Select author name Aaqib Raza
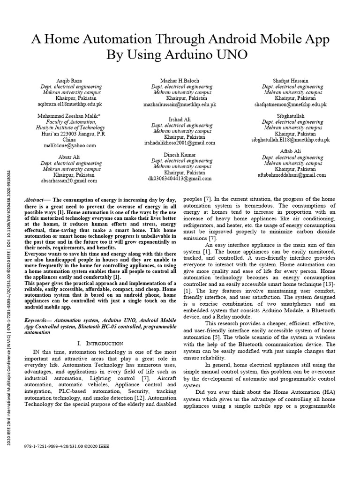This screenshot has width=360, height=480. pyautogui.click(x=69, y=81)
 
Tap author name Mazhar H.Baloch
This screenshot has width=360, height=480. pyautogui.click(x=181, y=81)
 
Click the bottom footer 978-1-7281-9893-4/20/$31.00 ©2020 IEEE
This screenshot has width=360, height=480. pyautogui.click(x=66, y=447)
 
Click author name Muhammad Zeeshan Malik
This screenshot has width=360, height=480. pyautogui.click(x=69, y=115)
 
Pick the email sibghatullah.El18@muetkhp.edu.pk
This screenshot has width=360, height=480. pyautogui.click(x=291, y=140)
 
